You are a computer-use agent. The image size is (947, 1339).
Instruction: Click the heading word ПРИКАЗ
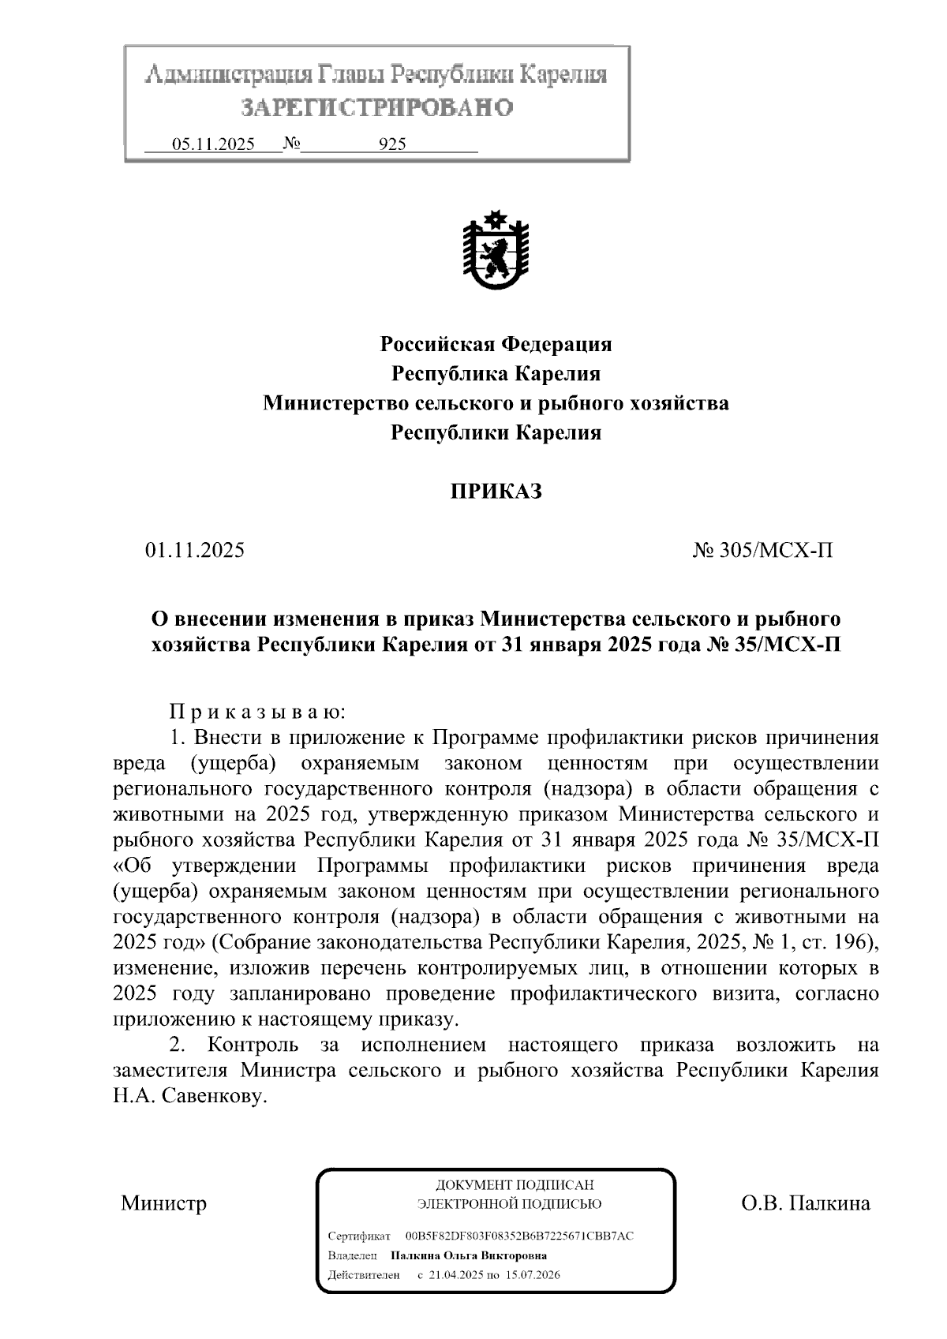(496, 492)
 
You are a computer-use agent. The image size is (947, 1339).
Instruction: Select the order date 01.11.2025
(195, 550)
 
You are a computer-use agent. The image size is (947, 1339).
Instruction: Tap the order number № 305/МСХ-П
(762, 550)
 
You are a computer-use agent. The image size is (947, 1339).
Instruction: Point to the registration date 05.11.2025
(213, 144)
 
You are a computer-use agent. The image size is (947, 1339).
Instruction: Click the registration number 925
(392, 144)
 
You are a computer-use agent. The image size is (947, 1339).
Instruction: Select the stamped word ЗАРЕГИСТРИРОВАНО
(376, 107)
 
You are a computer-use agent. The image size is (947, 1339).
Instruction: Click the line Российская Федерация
(496, 344)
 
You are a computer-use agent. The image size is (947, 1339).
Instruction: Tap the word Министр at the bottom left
(164, 1203)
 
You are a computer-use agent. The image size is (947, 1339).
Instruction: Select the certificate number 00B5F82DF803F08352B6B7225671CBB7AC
(519, 1236)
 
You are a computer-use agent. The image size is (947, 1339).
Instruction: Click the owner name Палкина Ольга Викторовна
(469, 1255)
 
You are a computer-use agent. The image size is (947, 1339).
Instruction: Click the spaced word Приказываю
(257, 713)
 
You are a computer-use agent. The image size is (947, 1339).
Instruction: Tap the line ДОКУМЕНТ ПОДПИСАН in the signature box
(515, 1185)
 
